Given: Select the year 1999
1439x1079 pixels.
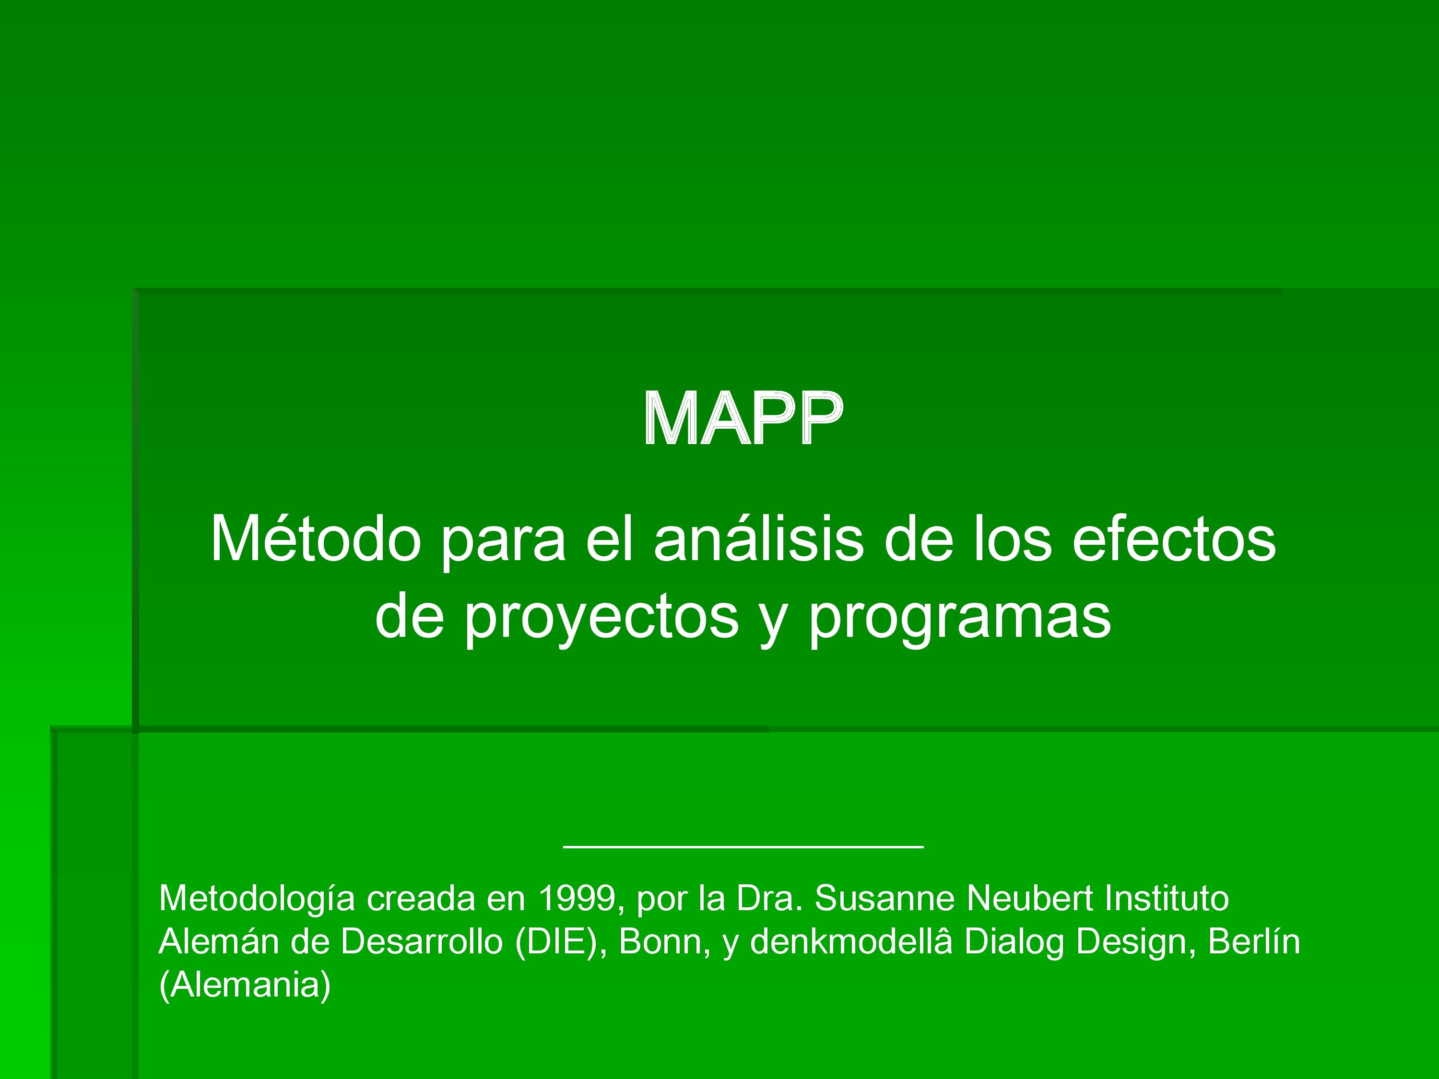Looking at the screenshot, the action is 578,898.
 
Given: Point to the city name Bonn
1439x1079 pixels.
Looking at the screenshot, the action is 661,942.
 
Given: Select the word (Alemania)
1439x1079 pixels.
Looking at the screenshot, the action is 245,985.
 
